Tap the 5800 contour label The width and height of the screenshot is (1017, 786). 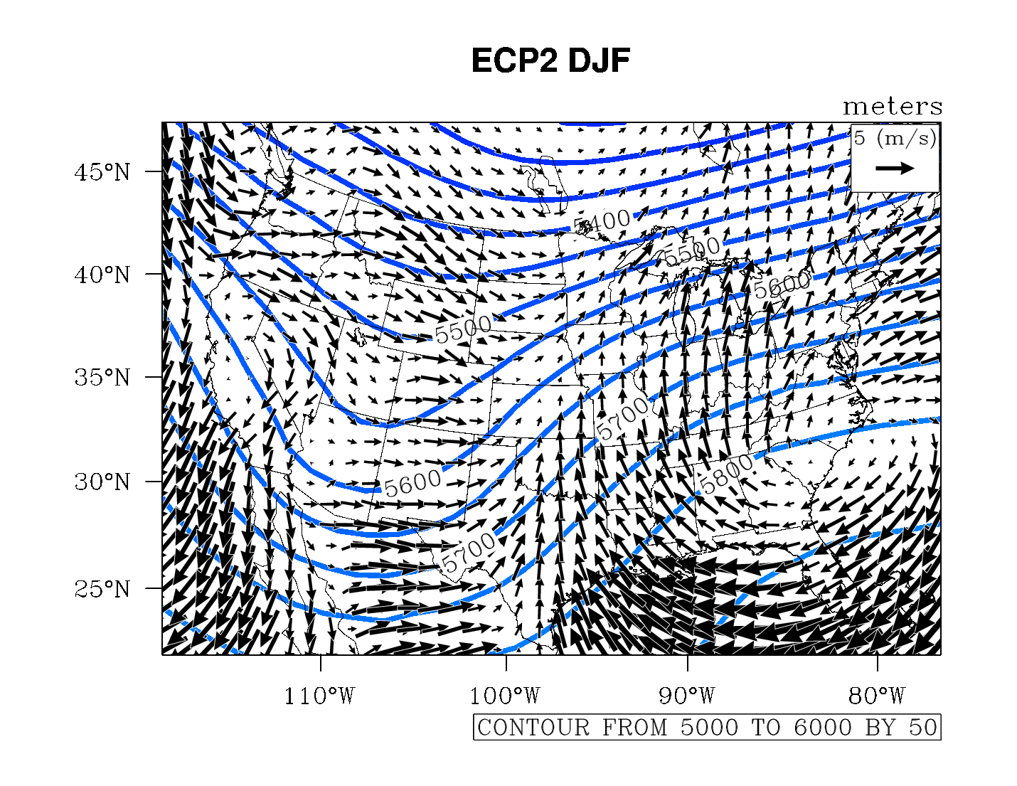click(x=727, y=474)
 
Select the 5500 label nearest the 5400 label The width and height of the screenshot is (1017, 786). click(x=692, y=253)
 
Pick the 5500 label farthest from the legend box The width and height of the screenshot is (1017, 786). click(x=463, y=329)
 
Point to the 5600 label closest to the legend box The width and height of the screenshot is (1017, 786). click(x=782, y=286)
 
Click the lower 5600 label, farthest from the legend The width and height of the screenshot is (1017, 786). click(x=412, y=484)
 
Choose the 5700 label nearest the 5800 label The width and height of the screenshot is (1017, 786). click(x=622, y=418)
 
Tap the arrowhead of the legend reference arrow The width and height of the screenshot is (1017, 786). click(x=908, y=169)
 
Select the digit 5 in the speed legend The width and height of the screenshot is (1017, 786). click(x=860, y=138)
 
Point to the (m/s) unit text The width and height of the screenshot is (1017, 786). click(x=906, y=138)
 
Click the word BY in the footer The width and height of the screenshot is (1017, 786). click(x=879, y=728)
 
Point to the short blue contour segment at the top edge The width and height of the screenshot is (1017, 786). click(x=592, y=124)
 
